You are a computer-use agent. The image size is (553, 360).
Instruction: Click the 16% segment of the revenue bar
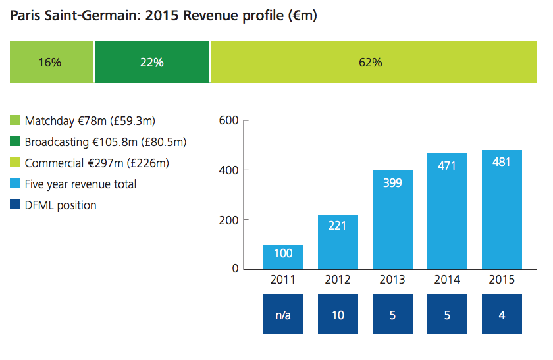(51, 62)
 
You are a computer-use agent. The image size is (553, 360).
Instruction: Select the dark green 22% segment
(152, 62)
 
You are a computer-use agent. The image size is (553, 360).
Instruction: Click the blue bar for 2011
(283, 257)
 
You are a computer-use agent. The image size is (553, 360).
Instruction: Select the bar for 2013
(392, 220)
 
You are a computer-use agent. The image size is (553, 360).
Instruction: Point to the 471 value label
(447, 166)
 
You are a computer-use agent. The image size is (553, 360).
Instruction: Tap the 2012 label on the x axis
(338, 279)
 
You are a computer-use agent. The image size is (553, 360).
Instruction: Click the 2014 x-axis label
(447, 279)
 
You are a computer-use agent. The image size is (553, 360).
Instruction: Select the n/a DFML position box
(283, 315)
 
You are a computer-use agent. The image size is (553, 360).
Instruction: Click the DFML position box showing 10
(338, 315)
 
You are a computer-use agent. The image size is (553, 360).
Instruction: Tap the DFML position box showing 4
(502, 315)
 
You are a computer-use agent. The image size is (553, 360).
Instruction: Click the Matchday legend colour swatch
(15, 121)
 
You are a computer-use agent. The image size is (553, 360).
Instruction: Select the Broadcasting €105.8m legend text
(105, 141)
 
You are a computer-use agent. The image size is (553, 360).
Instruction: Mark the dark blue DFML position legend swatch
(15, 205)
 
